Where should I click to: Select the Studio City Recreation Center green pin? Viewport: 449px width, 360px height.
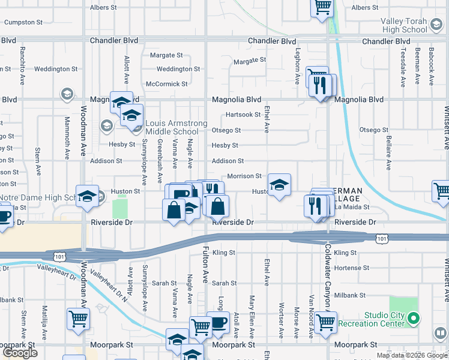coord(413,317)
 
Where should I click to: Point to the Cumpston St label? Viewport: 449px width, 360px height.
coord(23,22)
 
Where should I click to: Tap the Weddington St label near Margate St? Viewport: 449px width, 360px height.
coord(178,69)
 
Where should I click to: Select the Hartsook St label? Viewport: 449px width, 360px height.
coord(243,115)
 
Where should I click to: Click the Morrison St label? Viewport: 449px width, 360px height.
coord(244,176)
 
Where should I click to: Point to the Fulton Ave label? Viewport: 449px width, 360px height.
coord(205,265)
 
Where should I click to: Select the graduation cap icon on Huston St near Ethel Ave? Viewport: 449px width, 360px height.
coord(279,185)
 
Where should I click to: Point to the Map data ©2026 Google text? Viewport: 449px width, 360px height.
coord(411,355)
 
